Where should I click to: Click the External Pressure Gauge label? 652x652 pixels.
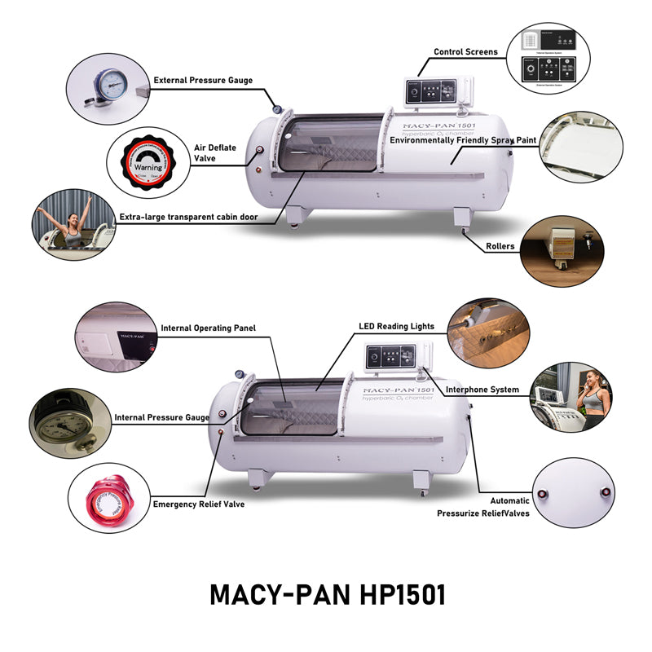coord(203,81)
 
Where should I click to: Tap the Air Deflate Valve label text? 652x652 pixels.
coord(205,153)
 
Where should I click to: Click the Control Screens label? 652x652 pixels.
coord(465,52)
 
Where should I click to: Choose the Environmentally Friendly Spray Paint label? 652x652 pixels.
coord(463,140)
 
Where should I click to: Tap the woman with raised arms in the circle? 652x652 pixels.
coord(69,226)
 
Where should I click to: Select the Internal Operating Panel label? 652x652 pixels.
coord(208,328)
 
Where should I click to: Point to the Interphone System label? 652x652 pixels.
coord(482,390)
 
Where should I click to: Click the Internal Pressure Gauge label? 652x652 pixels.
coord(161,417)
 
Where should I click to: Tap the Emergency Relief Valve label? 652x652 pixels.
coord(198,504)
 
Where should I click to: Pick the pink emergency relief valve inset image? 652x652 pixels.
coord(109,498)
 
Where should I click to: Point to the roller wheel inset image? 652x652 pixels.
coord(561,247)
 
